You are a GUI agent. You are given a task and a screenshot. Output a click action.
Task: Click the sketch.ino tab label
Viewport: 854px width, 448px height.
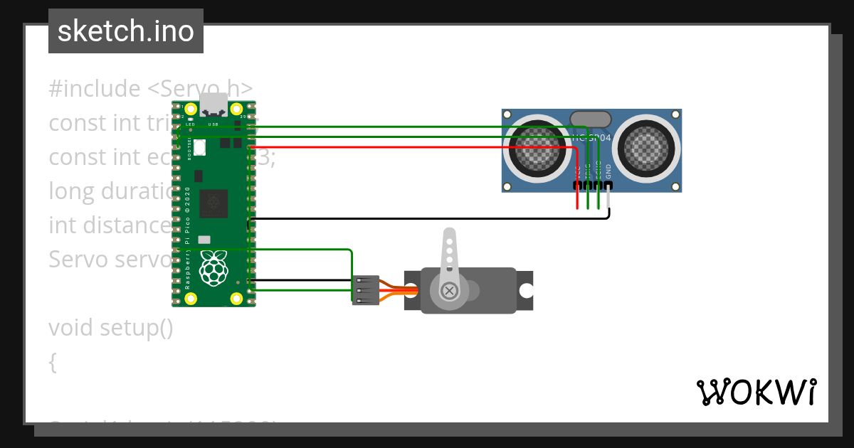point(125,31)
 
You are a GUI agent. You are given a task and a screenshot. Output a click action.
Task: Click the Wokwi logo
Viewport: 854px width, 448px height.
point(755,392)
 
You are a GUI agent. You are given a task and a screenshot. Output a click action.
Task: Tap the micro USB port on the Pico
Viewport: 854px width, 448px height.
point(213,105)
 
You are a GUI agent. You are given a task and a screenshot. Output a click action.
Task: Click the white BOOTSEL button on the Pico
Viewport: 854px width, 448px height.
point(200,147)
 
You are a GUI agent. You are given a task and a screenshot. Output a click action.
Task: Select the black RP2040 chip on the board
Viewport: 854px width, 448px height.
point(213,203)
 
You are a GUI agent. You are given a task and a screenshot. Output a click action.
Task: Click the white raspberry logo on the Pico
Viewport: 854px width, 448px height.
point(213,268)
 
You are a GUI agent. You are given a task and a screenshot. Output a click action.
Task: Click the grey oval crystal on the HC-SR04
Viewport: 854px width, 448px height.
point(591,119)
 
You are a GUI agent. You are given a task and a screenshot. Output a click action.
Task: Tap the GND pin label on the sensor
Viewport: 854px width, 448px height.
point(608,171)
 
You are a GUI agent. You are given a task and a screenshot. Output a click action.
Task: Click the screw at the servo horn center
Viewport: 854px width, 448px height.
point(449,290)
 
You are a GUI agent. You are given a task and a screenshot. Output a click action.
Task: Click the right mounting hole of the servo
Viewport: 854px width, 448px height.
point(526,290)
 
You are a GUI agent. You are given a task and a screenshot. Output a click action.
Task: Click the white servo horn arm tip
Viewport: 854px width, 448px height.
point(449,235)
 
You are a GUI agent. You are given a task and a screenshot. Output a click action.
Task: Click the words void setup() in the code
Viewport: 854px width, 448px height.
point(111,328)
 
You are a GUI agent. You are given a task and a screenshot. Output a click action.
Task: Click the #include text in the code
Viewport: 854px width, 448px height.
point(95,89)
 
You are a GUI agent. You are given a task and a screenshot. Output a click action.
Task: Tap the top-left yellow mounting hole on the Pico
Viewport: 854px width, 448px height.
point(191,110)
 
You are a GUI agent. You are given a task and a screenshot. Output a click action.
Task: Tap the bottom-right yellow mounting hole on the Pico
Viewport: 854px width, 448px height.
point(236,298)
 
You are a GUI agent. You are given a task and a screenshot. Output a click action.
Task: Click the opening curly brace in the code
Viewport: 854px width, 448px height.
point(53,363)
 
